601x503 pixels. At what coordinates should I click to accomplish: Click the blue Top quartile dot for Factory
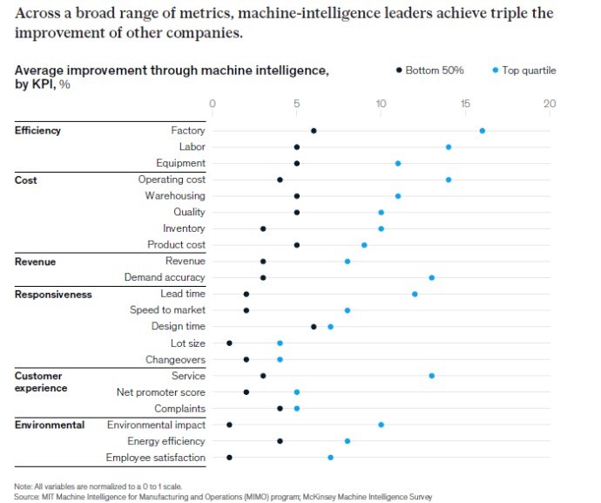(x=482, y=131)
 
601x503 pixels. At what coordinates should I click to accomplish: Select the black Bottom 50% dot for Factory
(x=314, y=131)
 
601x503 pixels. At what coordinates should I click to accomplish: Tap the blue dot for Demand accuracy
(x=431, y=277)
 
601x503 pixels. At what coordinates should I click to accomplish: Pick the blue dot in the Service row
(x=431, y=376)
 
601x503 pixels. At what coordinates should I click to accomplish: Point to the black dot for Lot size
(x=229, y=343)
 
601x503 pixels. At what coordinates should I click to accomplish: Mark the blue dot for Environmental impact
(x=381, y=425)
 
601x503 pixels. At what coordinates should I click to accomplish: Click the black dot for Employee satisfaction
(x=229, y=458)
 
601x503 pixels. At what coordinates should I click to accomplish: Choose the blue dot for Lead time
(x=415, y=294)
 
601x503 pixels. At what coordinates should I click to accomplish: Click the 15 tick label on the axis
(x=465, y=104)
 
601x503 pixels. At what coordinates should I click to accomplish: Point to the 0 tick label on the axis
(x=213, y=104)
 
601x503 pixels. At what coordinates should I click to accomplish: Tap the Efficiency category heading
(x=38, y=131)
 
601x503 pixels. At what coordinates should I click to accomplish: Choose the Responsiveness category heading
(x=53, y=294)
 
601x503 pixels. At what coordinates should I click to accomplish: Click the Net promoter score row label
(x=161, y=392)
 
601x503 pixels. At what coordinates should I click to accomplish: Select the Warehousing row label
(x=175, y=196)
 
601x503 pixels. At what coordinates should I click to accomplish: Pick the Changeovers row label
(x=175, y=359)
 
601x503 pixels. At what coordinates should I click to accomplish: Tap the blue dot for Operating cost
(x=448, y=180)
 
